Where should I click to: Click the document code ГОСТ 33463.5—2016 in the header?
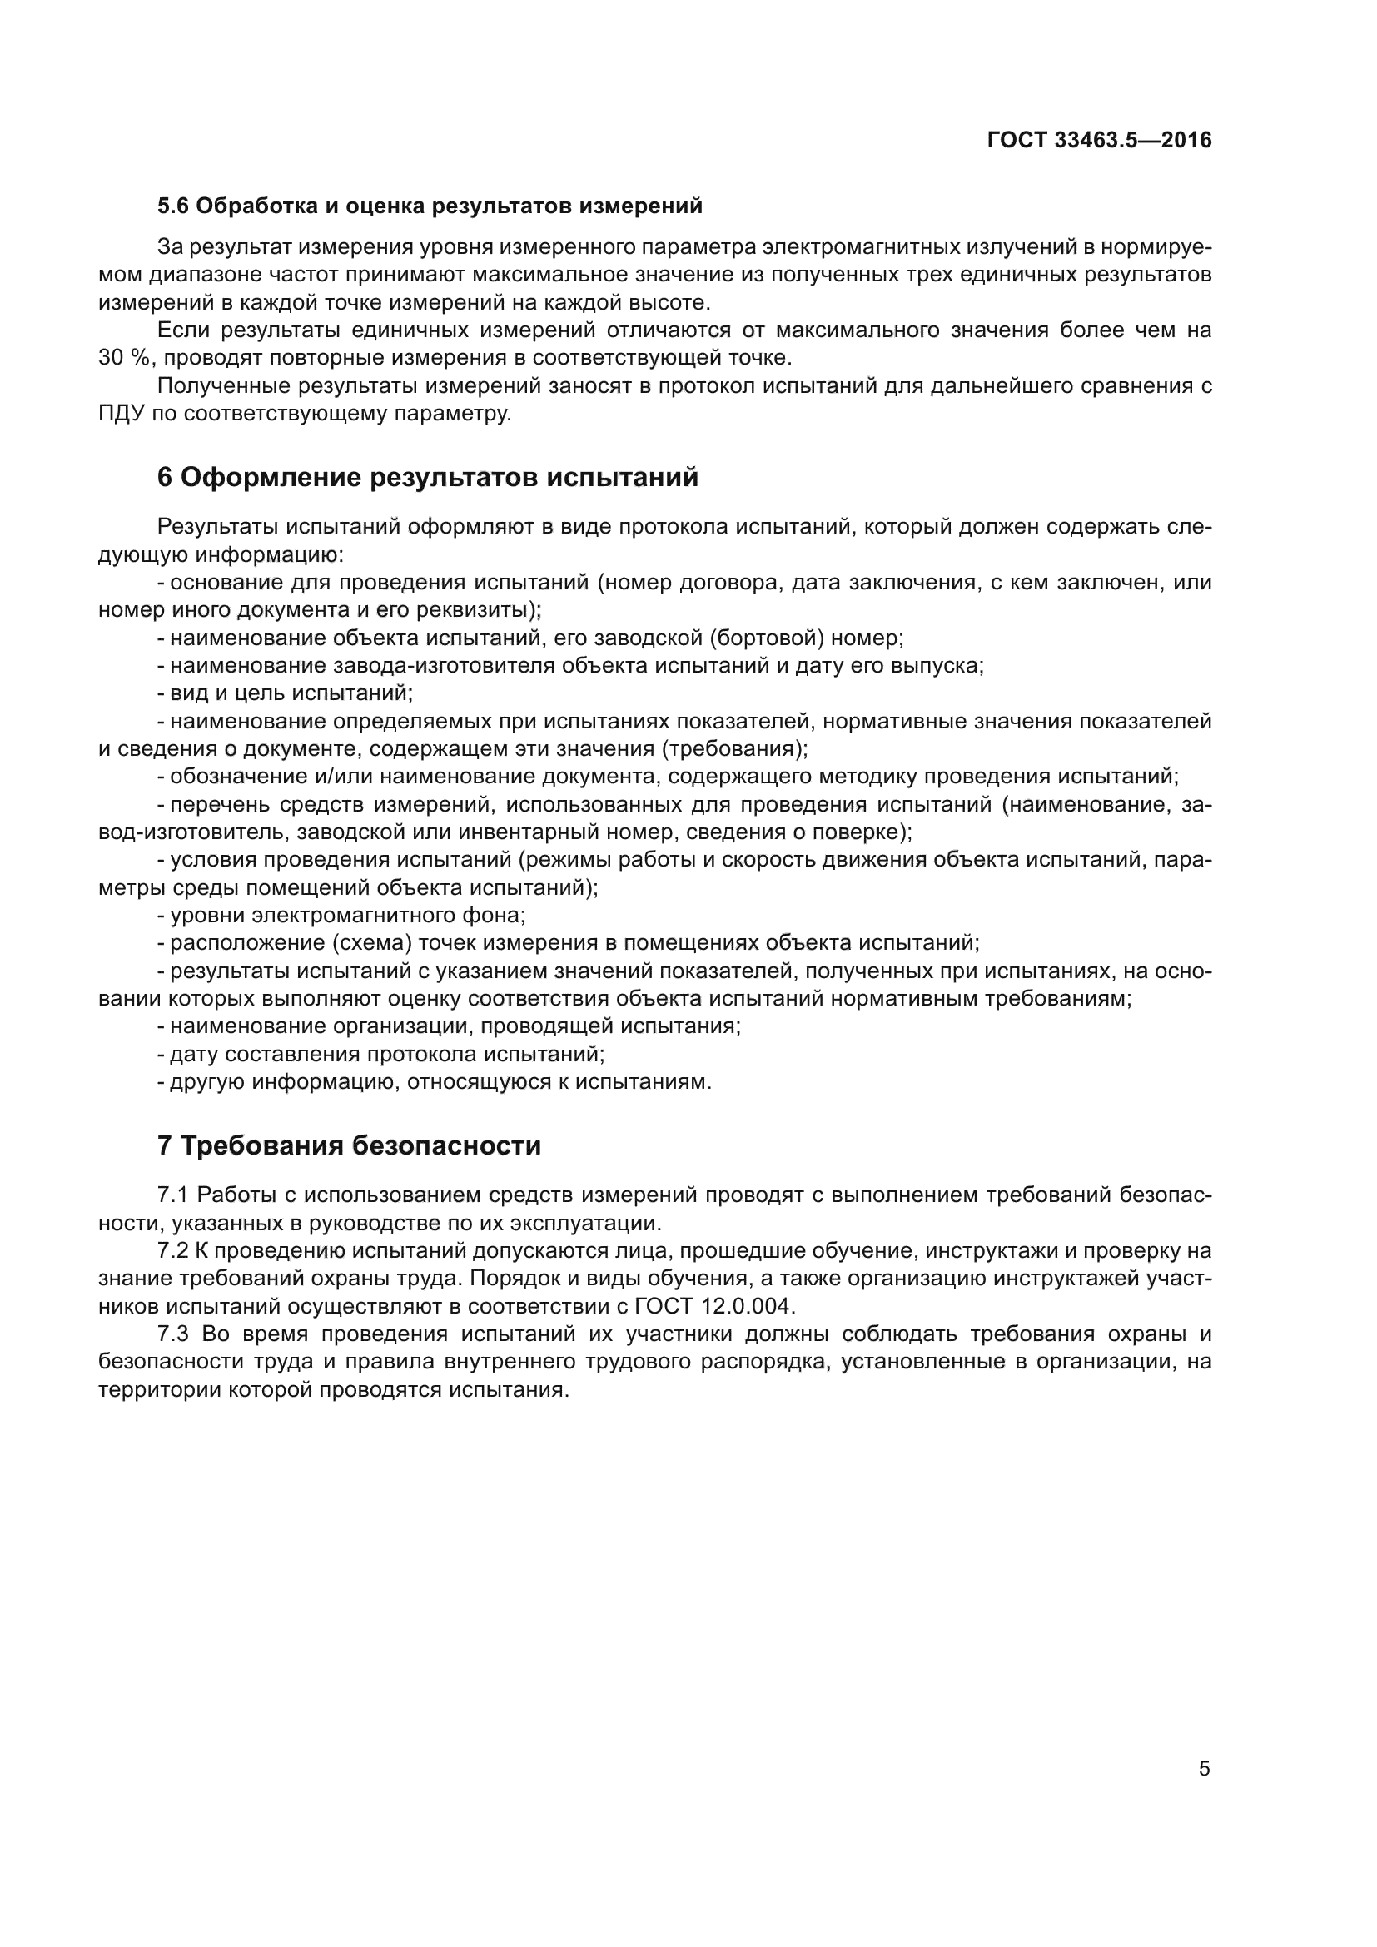tap(1099, 141)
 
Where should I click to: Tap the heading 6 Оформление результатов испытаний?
tap(428, 478)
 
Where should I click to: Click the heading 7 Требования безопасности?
tap(350, 1145)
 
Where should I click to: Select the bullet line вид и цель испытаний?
tap(285, 693)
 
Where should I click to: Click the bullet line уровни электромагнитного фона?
tap(341, 915)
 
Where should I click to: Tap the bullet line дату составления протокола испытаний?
tap(381, 1054)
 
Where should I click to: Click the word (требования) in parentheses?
tap(734, 749)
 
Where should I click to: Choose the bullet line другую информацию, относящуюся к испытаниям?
tap(434, 1082)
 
